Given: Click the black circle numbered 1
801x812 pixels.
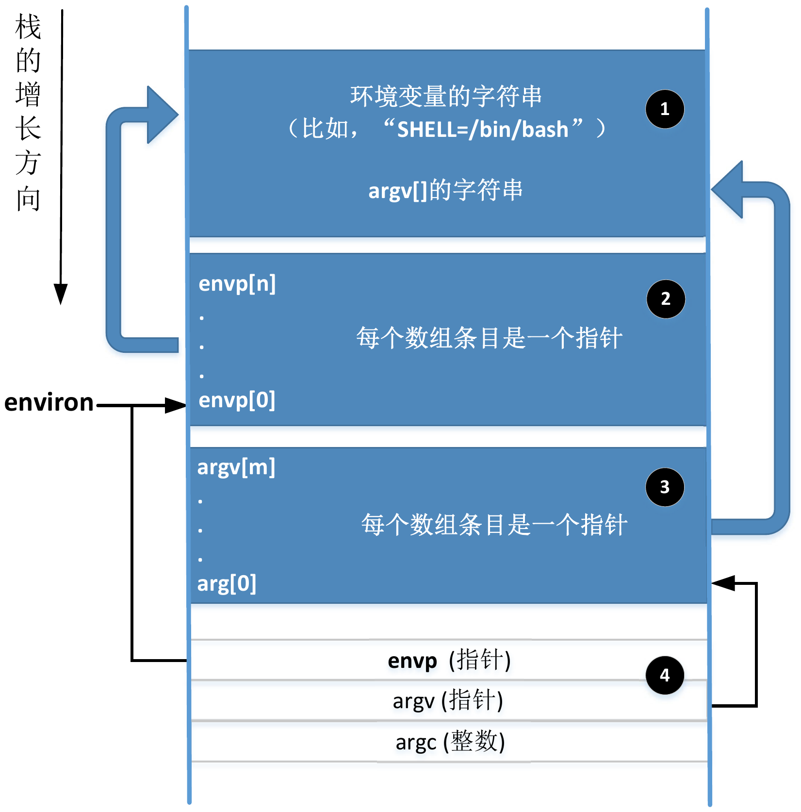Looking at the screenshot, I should click(665, 109).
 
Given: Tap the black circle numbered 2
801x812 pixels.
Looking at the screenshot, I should click(666, 299).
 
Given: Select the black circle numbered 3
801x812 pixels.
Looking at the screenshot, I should click(665, 487).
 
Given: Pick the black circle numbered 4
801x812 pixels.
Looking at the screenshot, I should click(665, 675).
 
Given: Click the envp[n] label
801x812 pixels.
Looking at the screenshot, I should click(237, 284).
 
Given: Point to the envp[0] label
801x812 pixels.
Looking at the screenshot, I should click(237, 400).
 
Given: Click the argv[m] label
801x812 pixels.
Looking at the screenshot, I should click(236, 467).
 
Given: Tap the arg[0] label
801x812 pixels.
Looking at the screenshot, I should click(227, 584).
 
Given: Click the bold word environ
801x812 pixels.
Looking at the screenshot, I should click(49, 403).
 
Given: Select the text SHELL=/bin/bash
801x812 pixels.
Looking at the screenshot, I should click(482, 130).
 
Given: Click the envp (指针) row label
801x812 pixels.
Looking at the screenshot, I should click(449, 661).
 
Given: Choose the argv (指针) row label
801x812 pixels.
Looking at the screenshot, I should click(447, 701).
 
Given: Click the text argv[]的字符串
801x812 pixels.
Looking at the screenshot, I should click(445, 190).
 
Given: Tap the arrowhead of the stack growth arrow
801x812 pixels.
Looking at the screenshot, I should click(61, 294).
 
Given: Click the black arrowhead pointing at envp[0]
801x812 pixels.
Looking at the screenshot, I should click(175, 405).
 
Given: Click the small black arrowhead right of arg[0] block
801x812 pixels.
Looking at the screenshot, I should click(723, 583).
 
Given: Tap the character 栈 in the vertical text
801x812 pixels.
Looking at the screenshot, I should click(28, 27).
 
